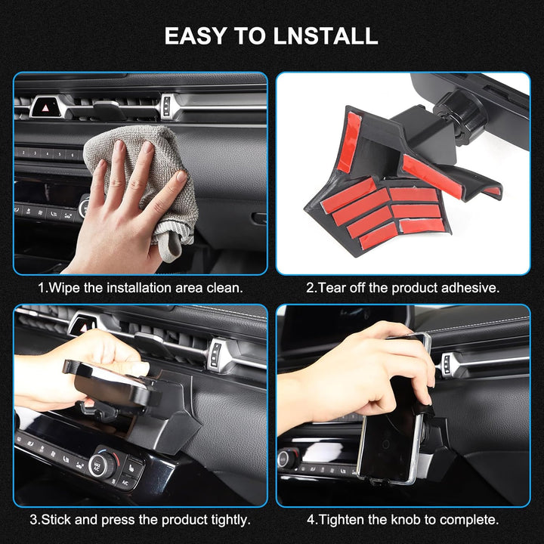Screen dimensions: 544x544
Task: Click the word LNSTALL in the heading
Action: [326, 36]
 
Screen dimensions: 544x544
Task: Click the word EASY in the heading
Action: [196, 36]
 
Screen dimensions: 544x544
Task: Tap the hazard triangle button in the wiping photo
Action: [46, 107]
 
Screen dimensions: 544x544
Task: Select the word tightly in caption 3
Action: [230, 520]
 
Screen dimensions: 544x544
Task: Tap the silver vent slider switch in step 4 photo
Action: [447, 365]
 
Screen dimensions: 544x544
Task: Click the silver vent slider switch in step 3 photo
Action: [216, 354]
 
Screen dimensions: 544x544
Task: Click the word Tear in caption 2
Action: [332, 288]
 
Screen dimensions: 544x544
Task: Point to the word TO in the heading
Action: [250, 36]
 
